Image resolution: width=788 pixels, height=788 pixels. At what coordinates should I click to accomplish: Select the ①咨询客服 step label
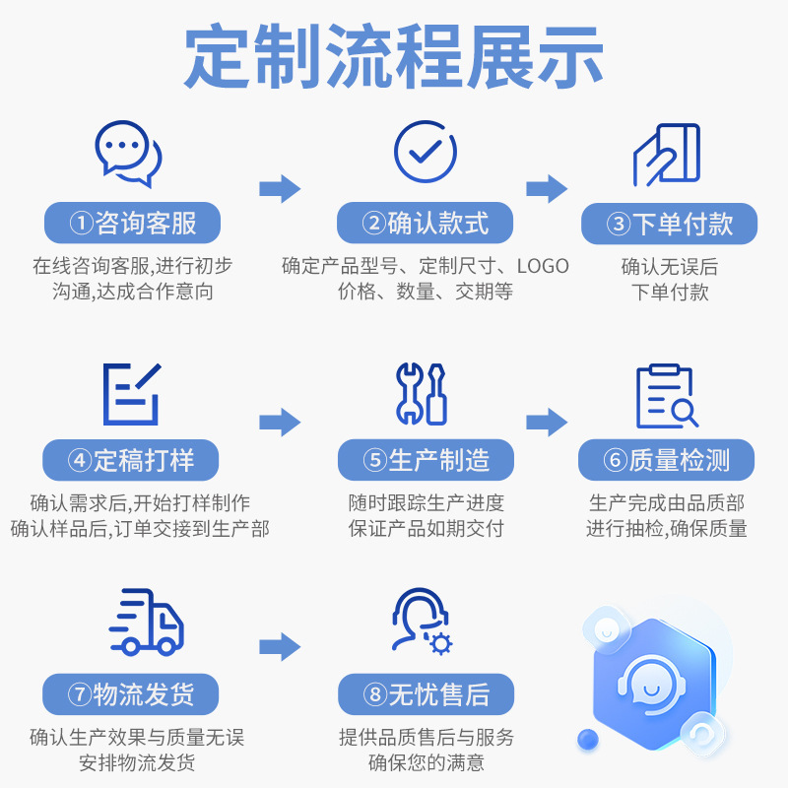132,224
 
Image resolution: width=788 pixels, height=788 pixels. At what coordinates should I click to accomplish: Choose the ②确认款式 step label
426,224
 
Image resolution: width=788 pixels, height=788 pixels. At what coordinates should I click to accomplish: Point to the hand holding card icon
667,155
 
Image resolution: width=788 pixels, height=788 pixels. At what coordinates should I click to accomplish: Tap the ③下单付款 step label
670,224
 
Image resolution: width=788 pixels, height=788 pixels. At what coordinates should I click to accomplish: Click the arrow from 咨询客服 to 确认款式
280,188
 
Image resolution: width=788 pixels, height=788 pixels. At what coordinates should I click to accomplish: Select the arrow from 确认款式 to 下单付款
547,188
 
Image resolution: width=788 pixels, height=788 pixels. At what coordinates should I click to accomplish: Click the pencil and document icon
131,394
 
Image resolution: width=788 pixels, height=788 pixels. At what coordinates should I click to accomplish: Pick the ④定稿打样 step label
131,460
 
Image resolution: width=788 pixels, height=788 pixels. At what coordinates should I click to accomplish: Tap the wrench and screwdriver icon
421,394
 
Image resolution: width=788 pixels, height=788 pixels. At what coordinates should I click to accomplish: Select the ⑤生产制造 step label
426,460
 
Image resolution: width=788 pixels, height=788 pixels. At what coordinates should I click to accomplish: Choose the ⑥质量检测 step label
666,460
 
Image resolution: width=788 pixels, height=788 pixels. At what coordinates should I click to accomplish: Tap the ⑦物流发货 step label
131,694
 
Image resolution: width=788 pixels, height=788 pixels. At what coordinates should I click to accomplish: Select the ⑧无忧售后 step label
426,694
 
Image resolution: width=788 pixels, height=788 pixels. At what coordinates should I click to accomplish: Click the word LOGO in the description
543,266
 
